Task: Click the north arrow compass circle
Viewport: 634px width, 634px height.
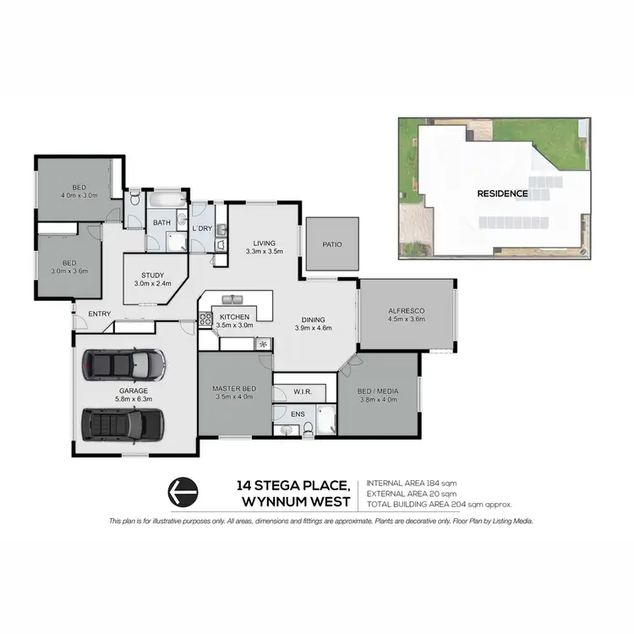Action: point(183,490)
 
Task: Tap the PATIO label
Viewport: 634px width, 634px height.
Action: point(332,244)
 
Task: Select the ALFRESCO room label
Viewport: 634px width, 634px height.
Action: point(406,311)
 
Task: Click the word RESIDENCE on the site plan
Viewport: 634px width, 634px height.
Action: point(502,193)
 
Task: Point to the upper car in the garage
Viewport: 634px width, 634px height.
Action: point(123,365)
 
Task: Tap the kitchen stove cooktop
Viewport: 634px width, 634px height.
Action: point(205,320)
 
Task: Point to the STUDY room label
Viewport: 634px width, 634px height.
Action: point(152,275)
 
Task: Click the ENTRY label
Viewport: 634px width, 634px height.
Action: point(100,314)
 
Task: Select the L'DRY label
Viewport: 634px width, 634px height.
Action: point(202,228)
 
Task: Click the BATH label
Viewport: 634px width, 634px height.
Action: point(161,223)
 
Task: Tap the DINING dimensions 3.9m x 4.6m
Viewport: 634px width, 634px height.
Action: point(314,328)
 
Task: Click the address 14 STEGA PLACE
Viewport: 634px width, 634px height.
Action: point(293,485)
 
